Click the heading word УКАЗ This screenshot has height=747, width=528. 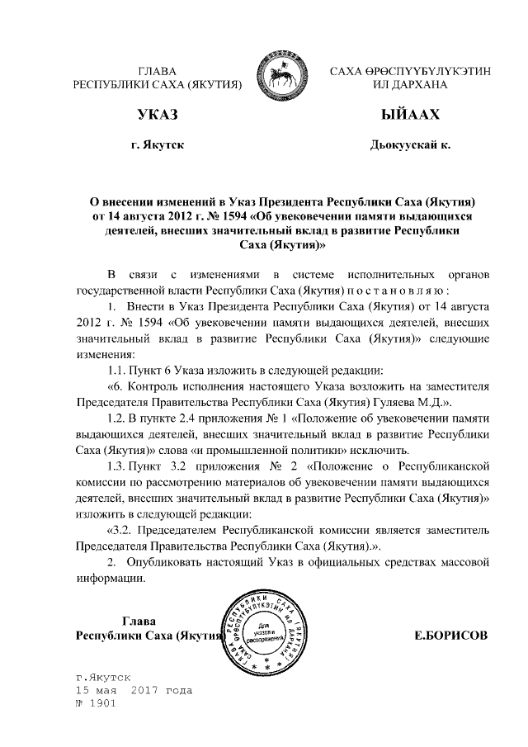pos(158,114)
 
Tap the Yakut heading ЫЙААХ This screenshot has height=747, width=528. pos(411,114)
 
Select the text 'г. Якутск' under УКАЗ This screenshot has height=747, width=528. pos(158,146)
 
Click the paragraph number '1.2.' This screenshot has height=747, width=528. pos(120,420)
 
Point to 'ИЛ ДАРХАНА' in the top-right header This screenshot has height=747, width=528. pos(411,85)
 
